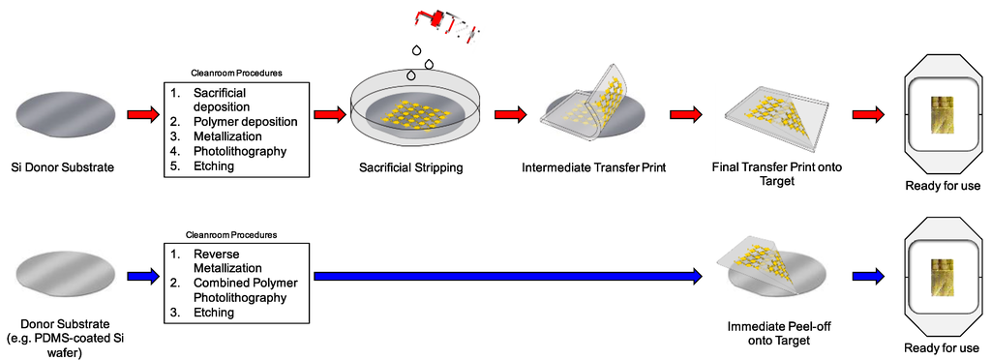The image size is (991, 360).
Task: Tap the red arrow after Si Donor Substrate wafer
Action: [141, 115]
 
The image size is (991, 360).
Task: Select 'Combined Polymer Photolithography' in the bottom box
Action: [242, 290]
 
